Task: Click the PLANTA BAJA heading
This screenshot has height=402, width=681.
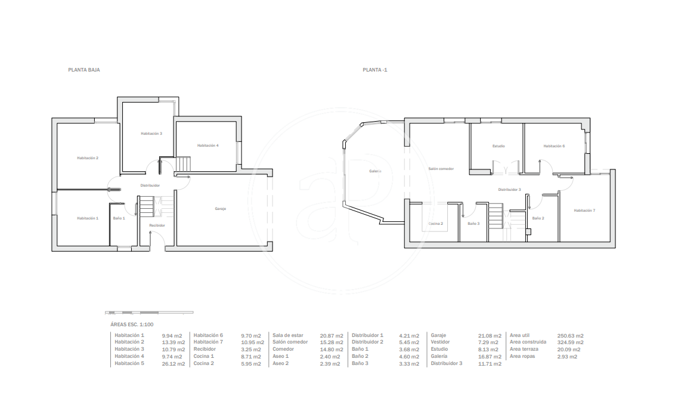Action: (x=84, y=70)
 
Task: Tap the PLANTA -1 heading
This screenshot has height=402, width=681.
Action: (x=375, y=70)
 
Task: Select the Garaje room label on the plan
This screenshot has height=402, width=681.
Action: (x=220, y=209)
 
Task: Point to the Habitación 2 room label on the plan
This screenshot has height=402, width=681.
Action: (x=88, y=158)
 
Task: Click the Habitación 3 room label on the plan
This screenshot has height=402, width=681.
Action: (x=151, y=134)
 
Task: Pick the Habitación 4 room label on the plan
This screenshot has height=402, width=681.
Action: (x=208, y=146)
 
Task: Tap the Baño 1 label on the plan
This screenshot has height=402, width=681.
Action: (x=119, y=218)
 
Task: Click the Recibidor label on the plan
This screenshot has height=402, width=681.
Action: (x=157, y=225)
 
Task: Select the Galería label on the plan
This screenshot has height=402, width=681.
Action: (x=375, y=171)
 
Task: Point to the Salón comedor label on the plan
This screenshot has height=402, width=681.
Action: (x=441, y=169)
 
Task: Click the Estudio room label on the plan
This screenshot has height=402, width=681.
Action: (x=499, y=146)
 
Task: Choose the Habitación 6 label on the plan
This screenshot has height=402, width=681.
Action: (x=554, y=146)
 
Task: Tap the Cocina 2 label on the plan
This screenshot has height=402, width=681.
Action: (x=436, y=224)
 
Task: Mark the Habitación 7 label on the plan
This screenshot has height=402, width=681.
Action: (x=584, y=211)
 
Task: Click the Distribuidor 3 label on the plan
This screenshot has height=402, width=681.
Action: (x=509, y=190)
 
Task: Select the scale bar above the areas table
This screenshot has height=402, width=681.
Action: (x=149, y=313)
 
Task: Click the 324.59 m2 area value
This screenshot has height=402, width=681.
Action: (x=570, y=342)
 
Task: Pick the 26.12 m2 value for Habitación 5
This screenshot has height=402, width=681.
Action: (x=174, y=364)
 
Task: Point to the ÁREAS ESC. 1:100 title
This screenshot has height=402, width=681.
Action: (x=132, y=324)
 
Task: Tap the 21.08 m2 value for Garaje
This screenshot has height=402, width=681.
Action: (x=490, y=336)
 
